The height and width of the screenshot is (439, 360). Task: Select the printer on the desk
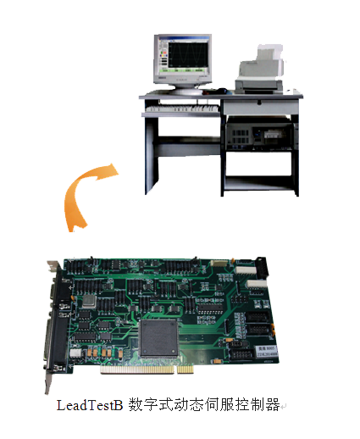click(260, 70)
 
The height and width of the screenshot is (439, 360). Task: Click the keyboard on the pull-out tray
click(182, 108)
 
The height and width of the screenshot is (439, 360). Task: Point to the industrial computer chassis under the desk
click(260, 133)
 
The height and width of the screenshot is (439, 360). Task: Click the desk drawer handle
click(259, 103)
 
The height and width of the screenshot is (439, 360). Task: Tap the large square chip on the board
click(158, 337)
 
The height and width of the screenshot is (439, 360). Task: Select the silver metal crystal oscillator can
click(89, 302)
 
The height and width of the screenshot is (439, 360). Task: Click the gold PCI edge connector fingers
click(147, 370)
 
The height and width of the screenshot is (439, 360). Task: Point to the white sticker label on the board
click(267, 351)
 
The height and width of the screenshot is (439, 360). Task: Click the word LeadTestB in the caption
click(90, 405)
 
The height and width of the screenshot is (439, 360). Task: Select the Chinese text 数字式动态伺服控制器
click(204, 405)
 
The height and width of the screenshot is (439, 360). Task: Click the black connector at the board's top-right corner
click(262, 266)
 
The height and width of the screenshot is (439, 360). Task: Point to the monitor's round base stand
click(187, 90)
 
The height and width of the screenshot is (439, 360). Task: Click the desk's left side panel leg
click(152, 155)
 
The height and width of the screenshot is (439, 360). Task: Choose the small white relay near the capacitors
click(75, 353)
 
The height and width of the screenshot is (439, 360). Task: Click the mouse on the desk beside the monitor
click(222, 91)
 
